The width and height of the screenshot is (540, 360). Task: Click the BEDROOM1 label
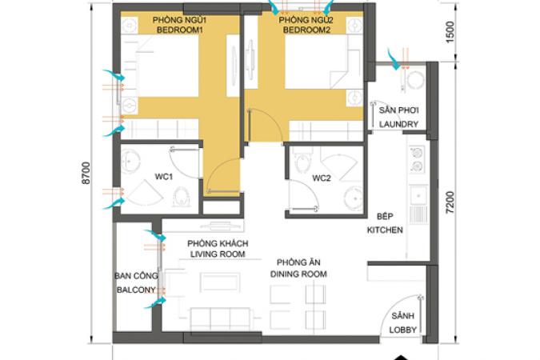[x=180, y=30]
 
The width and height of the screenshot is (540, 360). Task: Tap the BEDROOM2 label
[x=306, y=30]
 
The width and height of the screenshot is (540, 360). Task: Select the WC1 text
[x=163, y=177]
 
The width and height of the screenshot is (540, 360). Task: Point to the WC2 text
[x=322, y=178]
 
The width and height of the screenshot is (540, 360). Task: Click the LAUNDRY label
[x=398, y=124]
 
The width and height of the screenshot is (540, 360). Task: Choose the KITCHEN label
[x=385, y=230]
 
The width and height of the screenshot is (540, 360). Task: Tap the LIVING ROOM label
[x=218, y=254]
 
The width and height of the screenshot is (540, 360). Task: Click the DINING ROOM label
[x=298, y=274]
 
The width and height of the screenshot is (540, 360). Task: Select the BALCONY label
[x=136, y=290]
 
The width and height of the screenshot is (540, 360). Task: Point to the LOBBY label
[x=403, y=330]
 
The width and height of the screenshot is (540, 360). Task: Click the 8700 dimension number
[x=86, y=173]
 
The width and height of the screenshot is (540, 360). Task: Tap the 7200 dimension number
[x=450, y=202]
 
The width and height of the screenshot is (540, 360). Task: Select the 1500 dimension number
[x=450, y=32]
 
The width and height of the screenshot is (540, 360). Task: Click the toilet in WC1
[x=181, y=197]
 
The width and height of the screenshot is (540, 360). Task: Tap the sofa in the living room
[x=221, y=318]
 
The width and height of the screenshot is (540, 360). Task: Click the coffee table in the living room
[x=220, y=282]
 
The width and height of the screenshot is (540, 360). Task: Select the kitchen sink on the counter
[x=418, y=196]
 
